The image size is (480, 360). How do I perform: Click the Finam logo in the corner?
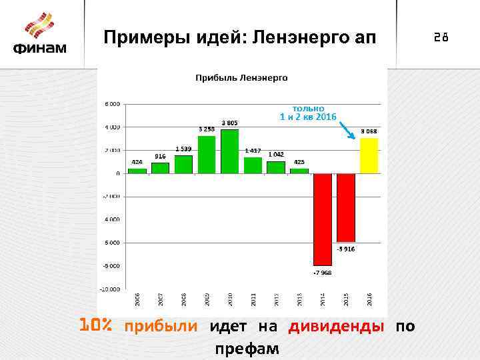click(41, 34)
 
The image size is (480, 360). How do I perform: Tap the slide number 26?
click(441, 38)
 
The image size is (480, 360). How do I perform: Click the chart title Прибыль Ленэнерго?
click(241, 78)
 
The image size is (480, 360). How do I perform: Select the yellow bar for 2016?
click(369, 155)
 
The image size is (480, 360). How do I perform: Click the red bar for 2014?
click(323, 219)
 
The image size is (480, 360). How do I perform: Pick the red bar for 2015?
click(346, 207)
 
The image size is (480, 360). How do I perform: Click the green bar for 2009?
click(207, 154)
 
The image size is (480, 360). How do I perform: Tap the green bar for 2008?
click(183, 164)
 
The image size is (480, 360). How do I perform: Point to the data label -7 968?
click(322, 272)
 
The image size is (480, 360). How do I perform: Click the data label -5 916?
click(345, 249)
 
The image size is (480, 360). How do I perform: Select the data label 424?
click(137, 162)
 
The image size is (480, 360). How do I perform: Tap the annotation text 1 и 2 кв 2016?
click(308, 117)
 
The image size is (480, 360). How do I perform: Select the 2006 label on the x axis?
click(137, 299)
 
